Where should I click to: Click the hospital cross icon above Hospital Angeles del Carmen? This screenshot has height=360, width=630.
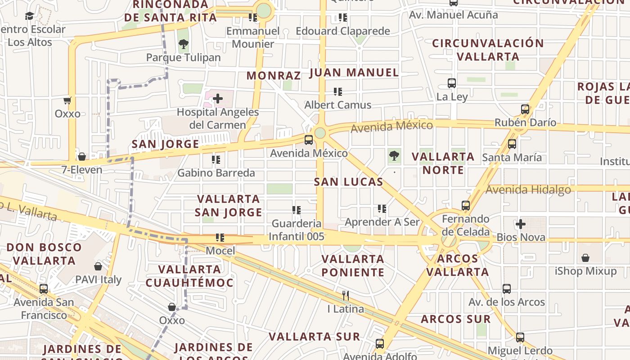click(x=218, y=98)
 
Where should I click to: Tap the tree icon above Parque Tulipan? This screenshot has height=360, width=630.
click(x=183, y=44)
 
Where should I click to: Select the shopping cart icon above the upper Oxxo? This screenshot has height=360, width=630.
click(x=67, y=100)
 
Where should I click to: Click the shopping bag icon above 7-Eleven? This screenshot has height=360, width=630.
click(x=82, y=157)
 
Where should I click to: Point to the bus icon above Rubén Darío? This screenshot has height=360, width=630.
click(x=525, y=109)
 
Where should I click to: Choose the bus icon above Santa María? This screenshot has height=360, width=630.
click(x=512, y=144)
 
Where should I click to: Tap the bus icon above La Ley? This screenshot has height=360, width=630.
click(x=452, y=83)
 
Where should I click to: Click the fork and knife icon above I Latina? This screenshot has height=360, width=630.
click(x=346, y=296)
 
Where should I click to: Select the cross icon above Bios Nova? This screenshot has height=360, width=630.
click(x=521, y=224)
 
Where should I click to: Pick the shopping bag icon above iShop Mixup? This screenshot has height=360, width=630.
click(x=585, y=258)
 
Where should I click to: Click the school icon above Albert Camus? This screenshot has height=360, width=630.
click(x=338, y=92)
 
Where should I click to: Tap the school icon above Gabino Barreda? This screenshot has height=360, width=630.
click(x=216, y=159)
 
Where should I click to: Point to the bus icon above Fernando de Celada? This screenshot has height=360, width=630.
click(x=466, y=206)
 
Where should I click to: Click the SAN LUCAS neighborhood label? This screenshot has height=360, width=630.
click(x=349, y=182)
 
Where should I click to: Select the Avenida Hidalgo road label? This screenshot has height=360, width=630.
click(x=528, y=189)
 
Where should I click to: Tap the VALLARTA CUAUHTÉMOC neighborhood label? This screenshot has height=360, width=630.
click(x=189, y=276)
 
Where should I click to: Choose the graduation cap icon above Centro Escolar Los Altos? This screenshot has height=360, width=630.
click(x=30, y=16)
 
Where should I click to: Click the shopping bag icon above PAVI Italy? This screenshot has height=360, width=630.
click(x=98, y=266)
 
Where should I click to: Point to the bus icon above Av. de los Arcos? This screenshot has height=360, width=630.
click(x=507, y=289)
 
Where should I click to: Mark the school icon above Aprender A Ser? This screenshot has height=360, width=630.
click(x=382, y=209)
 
